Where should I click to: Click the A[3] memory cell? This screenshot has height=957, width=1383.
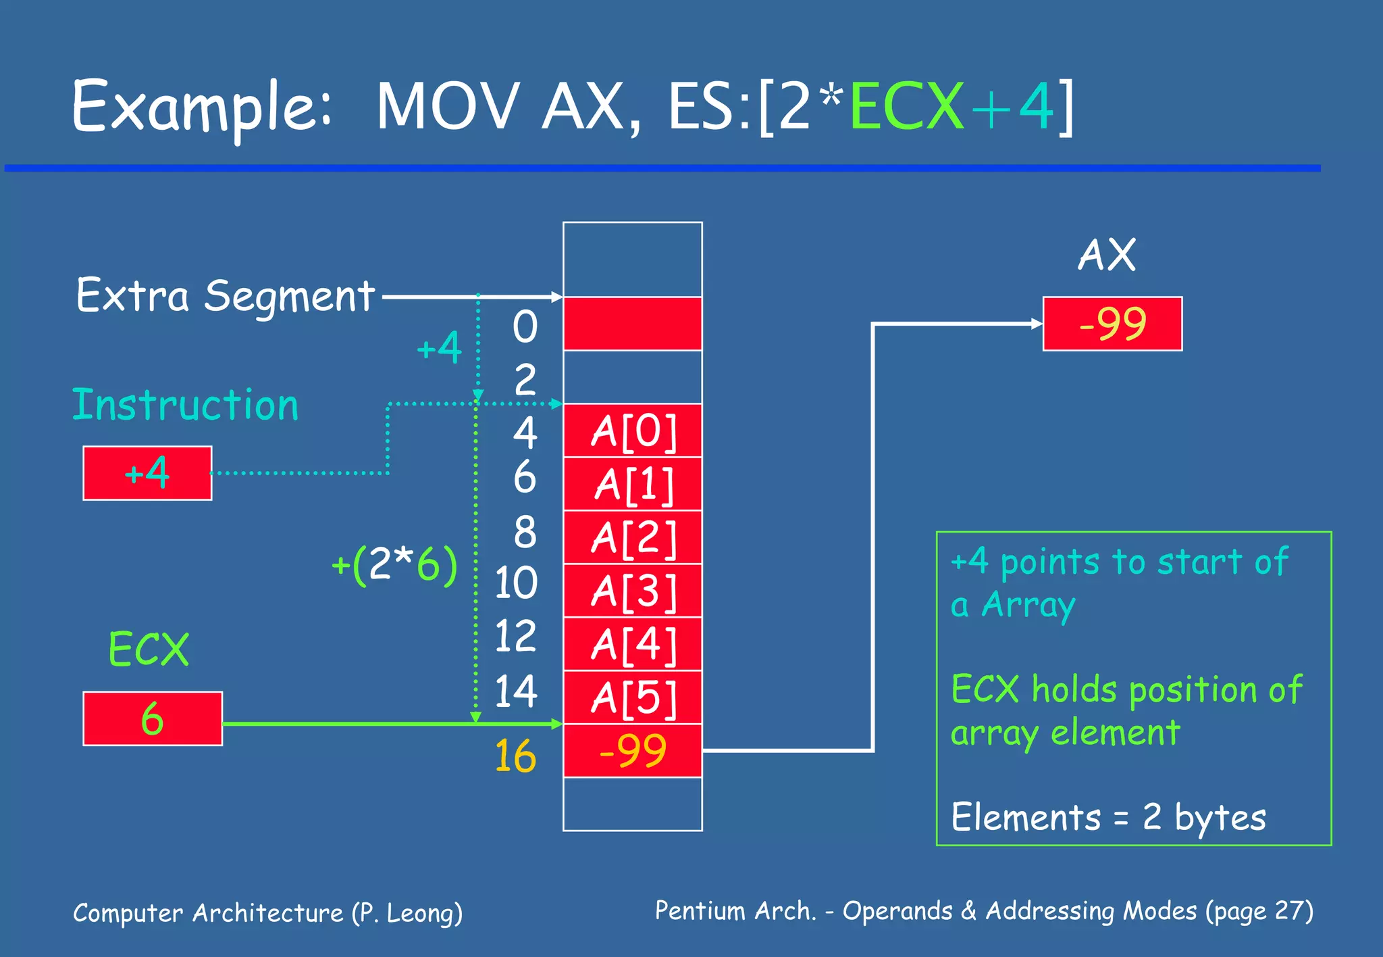pos(633,591)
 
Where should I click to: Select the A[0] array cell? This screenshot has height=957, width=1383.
pos(633,431)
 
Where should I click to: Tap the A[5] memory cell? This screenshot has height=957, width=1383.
pos(633,697)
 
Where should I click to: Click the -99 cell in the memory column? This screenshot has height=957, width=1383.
pos(633,751)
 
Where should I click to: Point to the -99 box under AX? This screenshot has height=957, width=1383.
pos(1112,324)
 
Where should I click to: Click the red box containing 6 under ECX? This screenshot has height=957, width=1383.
pos(153,718)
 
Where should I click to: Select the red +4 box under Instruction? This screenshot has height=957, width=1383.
pos(147,473)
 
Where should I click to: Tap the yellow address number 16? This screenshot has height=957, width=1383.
pos(515,756)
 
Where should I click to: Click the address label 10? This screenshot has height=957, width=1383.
pos(516,583)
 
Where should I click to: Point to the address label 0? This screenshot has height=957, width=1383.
pos(525,327)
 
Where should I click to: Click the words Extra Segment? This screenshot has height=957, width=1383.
pos(225,296)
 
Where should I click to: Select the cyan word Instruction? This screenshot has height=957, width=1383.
pos(185,406)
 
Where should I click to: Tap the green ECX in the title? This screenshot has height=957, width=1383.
pos(906,106)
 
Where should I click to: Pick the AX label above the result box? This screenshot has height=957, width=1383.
pos(1107,255)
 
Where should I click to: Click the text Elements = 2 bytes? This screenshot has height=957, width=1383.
pos(1108,817)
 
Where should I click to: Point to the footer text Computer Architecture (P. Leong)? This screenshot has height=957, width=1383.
pos(267,913)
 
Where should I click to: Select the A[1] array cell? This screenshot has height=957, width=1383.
pos(633,484)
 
